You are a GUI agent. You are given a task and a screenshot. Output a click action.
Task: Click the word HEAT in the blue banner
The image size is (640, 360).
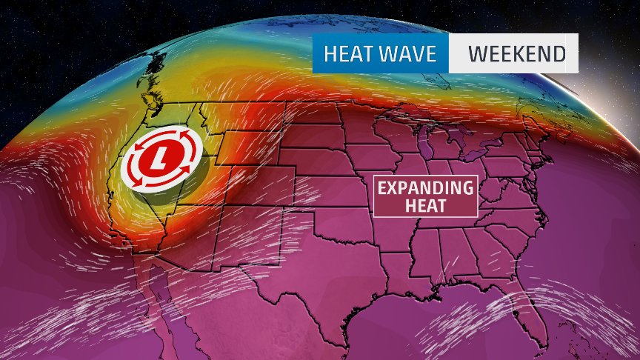click(347, 54)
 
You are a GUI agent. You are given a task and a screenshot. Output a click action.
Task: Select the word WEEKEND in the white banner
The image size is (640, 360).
click(517, 54)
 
